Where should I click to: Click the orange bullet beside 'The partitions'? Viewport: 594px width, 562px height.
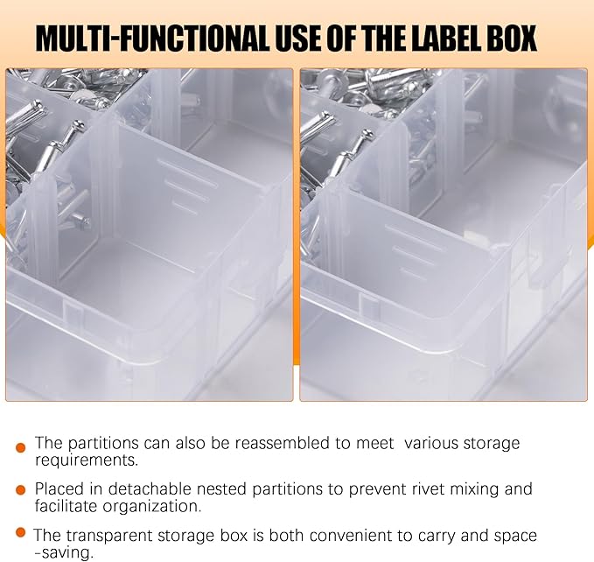20,447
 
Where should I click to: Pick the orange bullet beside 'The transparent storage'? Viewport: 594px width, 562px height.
20,533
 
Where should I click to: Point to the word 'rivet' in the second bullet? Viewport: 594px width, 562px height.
394,488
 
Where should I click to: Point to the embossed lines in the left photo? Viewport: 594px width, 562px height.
185,184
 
